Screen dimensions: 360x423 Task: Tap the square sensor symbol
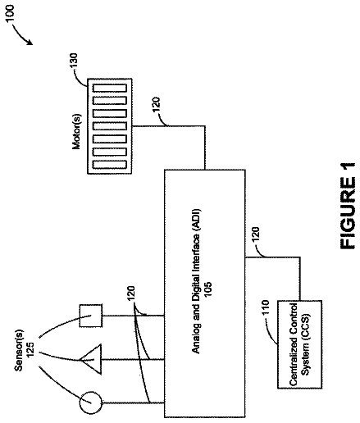tap(91, 316)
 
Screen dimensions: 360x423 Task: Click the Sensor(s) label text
tap(19, 350)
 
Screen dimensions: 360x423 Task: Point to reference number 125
tap(30, 349)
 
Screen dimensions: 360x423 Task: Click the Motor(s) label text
tap(76, 131)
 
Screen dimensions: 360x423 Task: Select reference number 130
tap(74, 61)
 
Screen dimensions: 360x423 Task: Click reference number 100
tap(11, 13)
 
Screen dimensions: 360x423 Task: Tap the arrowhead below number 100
tap(30, 42)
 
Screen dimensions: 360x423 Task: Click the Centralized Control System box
tap(299, 344)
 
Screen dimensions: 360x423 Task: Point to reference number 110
tap(266, 307)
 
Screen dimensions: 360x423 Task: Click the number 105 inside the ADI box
tap(207, 288)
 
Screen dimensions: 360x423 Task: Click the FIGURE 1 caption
tap(348, 206)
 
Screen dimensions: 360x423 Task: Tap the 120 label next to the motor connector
tap(157, 104)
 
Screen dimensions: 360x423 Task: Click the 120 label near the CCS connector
tap(255, 234)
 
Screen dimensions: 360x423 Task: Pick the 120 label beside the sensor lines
tap(131, 293)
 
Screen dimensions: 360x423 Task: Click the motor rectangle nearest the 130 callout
tap(110, 88)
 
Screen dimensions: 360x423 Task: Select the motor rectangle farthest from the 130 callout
tap(110, 165)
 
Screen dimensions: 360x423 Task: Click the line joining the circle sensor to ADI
tap(133, 403)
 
